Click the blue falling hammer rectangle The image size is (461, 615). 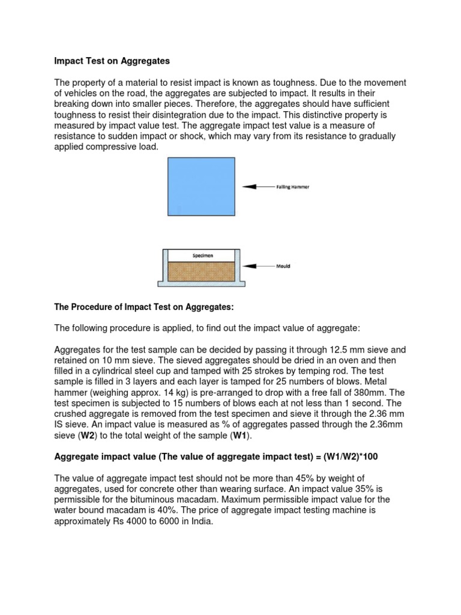202,186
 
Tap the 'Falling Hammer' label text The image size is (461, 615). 291,187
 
